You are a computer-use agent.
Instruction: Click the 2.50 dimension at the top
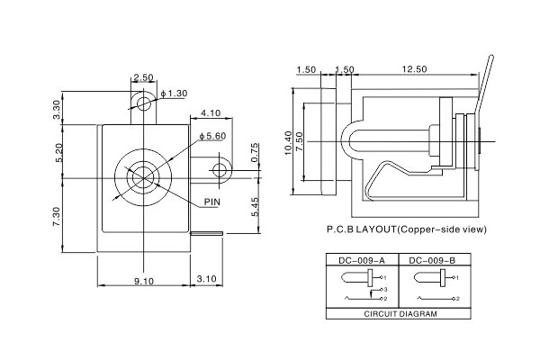coord(141,77)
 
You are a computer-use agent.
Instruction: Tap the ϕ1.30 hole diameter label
coord(174,94)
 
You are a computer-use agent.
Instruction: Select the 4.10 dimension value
coord(211,113)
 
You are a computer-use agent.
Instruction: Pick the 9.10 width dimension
coord(143,281)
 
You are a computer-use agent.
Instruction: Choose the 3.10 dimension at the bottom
coord(206,281)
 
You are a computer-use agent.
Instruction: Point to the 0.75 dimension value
coord(255,153)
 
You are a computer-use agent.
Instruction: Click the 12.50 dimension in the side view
coord(415,69)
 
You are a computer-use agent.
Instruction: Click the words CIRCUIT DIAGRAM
coord(400,316)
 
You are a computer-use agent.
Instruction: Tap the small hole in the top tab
coord(142,104)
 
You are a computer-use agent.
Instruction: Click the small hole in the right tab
coord(220,170)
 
